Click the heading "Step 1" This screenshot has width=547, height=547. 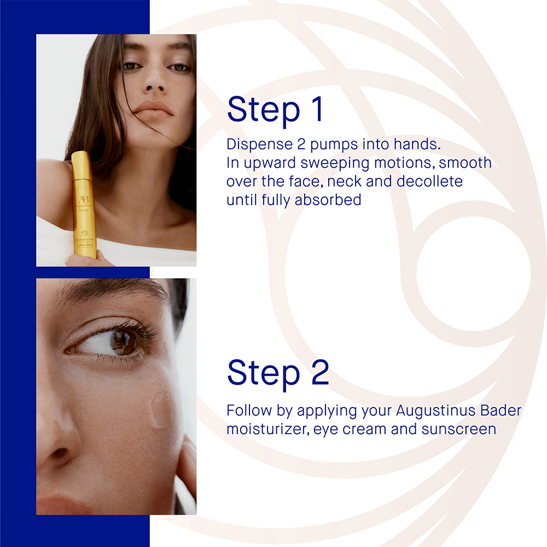click(x=276, y=109)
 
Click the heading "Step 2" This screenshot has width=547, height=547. click(x=278, y=373)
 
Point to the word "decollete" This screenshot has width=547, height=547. click(x=430, y=181)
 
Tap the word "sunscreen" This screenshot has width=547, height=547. click(x=458, y=429)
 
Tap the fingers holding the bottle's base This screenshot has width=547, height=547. click(x=82, y=260)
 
